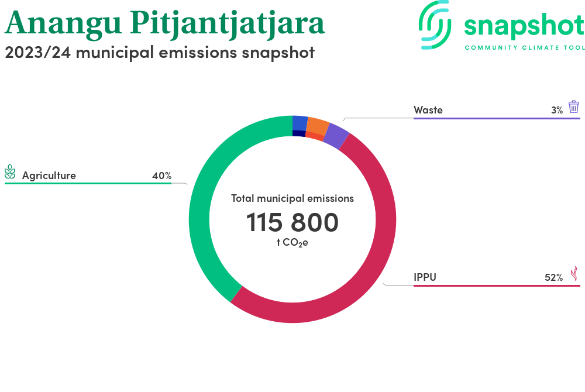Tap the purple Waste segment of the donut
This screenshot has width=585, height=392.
point(336,135)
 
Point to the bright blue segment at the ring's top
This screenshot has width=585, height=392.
point(300,122)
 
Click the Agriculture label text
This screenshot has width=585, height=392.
point(49,176)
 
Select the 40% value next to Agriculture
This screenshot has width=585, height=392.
point(161,176)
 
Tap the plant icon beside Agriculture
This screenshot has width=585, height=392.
point(10,172)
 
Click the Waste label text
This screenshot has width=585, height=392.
point(428,110)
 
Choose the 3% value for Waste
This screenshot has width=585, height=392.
point(556,110)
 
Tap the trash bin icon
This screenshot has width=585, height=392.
point(574,106)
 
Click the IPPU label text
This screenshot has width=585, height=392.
point(425,277)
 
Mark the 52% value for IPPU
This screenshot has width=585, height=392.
point(553,277)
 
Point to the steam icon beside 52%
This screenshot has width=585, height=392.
point(574,273)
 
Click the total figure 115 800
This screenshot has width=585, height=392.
point(292,223)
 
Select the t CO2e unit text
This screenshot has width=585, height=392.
point(292,242)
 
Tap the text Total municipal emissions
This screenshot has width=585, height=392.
point(292,198)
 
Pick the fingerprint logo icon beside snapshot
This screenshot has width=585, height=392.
point(435,25)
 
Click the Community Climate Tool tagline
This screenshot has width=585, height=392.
point(524,47)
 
